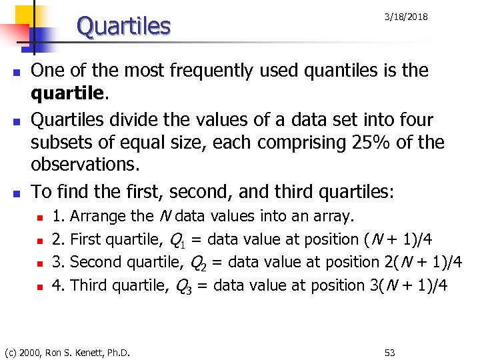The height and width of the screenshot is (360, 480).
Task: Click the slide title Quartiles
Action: tap(124, 27)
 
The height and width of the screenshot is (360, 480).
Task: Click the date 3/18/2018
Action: tap(405, 17)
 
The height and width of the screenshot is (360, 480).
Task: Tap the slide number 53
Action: tap(390, 351)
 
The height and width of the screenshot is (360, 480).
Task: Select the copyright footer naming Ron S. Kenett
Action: tap(67, 351)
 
